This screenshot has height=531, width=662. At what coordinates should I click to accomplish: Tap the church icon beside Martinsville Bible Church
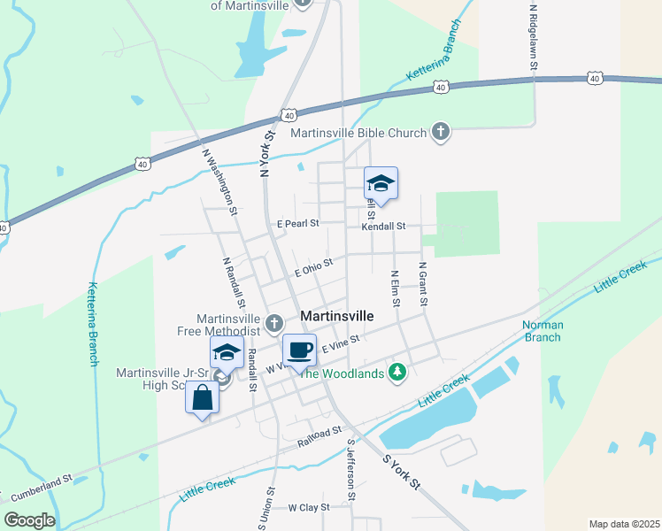click(x=441, y=133)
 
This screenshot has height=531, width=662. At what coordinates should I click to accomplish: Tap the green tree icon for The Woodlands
click(x=398, y=373)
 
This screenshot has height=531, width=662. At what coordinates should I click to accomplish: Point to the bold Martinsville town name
click(x=337, y=316)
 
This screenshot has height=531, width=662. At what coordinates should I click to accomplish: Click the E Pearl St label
click(x=297, y=224)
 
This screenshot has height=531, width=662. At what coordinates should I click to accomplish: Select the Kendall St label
click(x=382, y=227)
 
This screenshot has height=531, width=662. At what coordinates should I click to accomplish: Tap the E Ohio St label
click(x=313, y=267)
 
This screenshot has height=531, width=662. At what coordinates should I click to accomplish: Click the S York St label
click(x=401, y=473)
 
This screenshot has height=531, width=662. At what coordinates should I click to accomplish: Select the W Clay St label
click(x=309, y=507)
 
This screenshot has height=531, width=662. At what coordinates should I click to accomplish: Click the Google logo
click(x=29, y=520)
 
